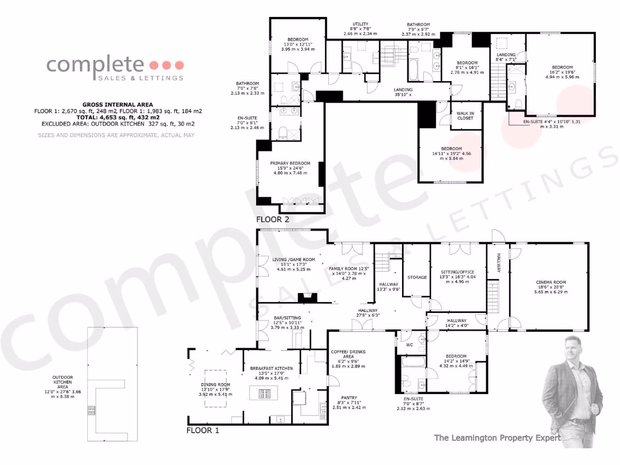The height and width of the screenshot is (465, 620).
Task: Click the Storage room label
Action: coord(417,277)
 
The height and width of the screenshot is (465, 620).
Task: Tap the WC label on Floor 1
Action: coord(409,345)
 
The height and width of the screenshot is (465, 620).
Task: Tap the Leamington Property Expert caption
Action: coord(497,438)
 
